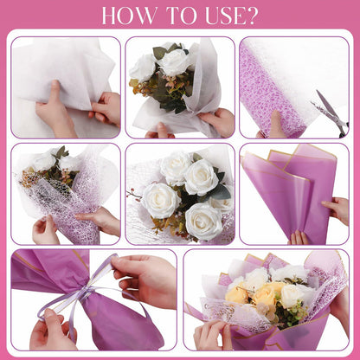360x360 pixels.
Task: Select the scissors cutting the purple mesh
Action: [331, 112]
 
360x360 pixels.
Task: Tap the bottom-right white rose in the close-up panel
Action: [203, 222]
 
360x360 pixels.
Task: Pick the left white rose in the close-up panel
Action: [161, 200]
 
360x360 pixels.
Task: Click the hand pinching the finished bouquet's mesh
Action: [212, 335]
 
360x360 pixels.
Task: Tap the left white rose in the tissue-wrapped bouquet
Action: [143, 68]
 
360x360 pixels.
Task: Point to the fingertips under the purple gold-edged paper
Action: [298, 238]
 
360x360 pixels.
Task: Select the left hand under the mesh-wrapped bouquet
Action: [45, 231]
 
